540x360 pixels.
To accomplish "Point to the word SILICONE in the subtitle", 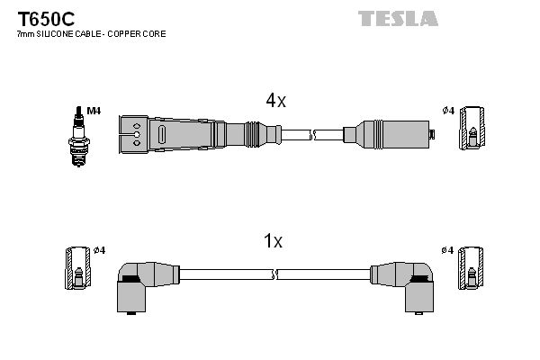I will click(x=53, y=33).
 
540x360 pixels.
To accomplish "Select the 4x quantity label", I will click(x=274, y=102).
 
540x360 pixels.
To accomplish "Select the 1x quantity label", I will click(x=274, y=241).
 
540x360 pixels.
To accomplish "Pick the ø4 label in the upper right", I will click(x=448, y=111).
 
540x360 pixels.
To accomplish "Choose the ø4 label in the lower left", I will click(x=99, y=249).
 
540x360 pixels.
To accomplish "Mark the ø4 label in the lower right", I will click(x=448, y=249).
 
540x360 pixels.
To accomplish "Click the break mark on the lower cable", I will click(x=275, y=274).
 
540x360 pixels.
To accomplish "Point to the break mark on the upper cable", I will click(x=314, y=135).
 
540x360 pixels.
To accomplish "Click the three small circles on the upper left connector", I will click(x=136, y=134).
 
